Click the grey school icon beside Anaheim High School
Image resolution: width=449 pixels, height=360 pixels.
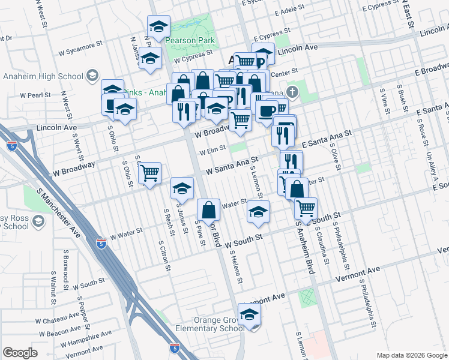(x=92, y=76)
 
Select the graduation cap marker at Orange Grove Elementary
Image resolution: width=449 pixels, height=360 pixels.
(x=250, y=314)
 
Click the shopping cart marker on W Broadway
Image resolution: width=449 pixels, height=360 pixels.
(x=149, y=173)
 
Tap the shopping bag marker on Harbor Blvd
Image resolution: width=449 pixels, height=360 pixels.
(x=208, y=211)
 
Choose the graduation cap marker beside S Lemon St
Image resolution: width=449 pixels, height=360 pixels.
(x=258, y=212)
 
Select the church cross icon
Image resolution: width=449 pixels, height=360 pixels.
(x=292, y=92)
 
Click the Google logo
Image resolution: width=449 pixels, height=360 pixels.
(x=20, y=352)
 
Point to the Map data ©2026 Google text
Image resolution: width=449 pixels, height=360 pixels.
(x=411, y=355)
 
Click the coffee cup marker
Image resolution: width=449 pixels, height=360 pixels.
(x=266, y=110)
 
